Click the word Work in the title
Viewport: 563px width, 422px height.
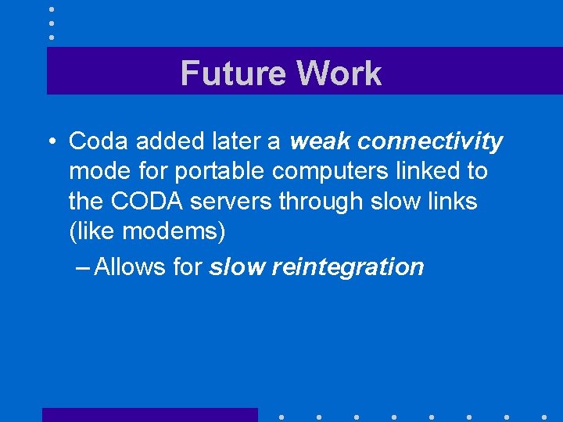tap(339, 73)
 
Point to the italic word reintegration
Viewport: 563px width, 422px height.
tap(347, 267)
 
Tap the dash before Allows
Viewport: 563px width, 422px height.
tap(84, 266)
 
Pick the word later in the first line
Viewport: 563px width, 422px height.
tap(232, 141)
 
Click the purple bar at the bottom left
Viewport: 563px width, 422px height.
tap(149, 414)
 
